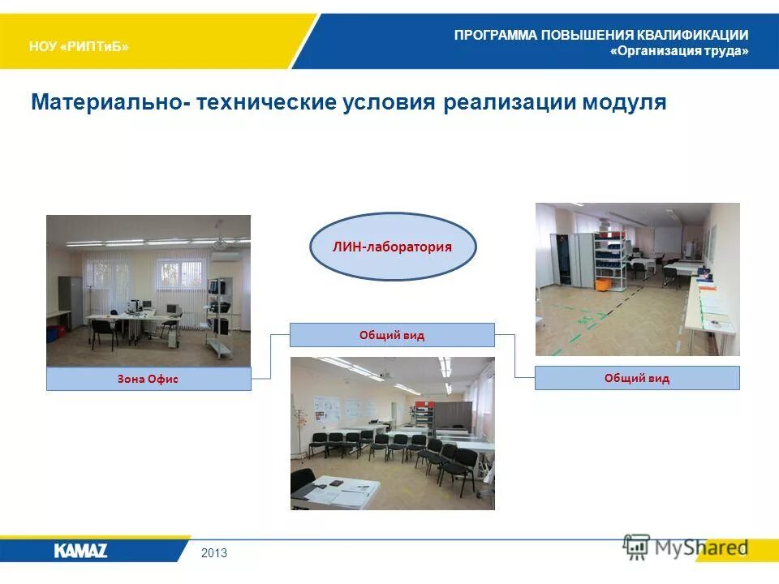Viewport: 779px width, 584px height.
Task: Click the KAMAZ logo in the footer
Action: point(80,552)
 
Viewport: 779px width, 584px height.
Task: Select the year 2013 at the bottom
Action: point(214,553)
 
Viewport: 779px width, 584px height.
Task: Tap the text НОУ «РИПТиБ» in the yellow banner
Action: point(79,46)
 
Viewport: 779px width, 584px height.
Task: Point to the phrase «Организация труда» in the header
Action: point(679,51)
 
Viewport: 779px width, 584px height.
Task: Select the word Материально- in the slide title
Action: point(106,103)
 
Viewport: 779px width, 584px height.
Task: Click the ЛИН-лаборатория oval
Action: point(393,247)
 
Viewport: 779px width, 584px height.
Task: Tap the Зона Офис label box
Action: point(148,379)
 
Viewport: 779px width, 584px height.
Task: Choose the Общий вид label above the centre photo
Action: point(392,335)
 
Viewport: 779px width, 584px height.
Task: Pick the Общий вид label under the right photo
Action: point(637,378)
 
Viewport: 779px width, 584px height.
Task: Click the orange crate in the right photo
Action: point(602,285)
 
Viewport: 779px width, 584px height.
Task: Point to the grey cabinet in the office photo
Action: point(70,303)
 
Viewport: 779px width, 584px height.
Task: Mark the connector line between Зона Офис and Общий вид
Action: point(271,357)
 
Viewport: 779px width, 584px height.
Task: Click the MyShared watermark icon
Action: point(637,547)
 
